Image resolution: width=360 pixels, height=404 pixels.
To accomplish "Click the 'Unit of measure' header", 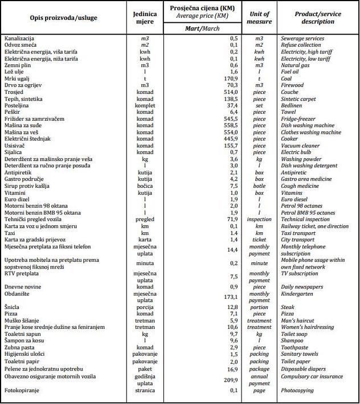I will pyautogui.click(x=260, y=18).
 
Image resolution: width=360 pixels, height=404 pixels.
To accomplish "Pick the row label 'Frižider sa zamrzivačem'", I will pyautogui.click(x=34, y=118).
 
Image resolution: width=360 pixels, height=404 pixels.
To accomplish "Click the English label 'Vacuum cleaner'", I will pyautogui.click(x=300, y=146).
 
